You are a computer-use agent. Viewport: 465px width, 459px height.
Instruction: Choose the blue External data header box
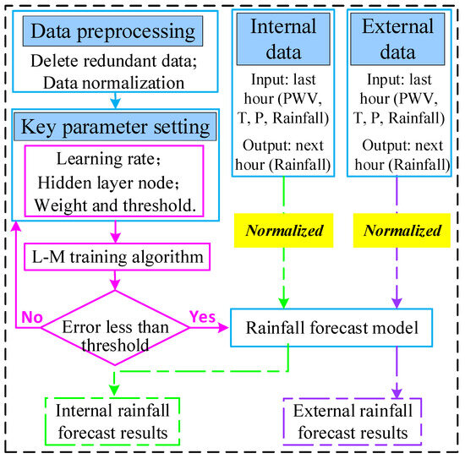(x=396, y=38)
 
